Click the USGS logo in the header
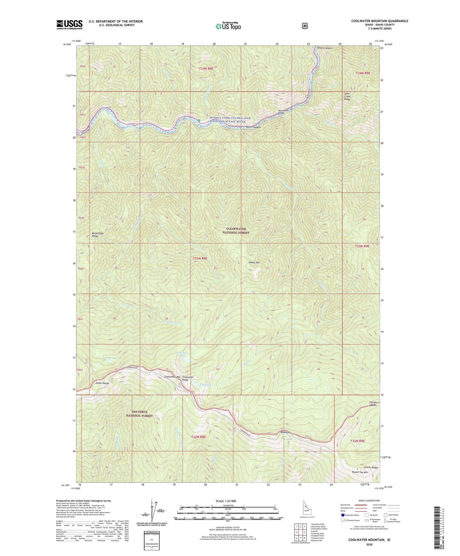pyautogui.click(x=69, y=25)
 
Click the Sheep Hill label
pyautogui.click(x=254, y=262)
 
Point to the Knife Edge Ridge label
pyautogui.click(x=97, y=235)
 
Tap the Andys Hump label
pyautogui.click(x=102, y=383)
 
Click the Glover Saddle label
pyautogui.click(x=373, y=403)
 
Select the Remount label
pyautogui.click(x=286, y=432)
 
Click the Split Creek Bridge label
pyautogui.click(x=281, y=111)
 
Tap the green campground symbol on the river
pyautogui.click(x=199, y=121)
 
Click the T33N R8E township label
pyautogui.click(x=200, y=258)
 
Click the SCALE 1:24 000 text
pyautogui.click(x=226, y=501)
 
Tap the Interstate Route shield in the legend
pyautogui.click(x=343, y=515)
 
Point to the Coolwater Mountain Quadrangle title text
pyautogui.click(x=379, y=21)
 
